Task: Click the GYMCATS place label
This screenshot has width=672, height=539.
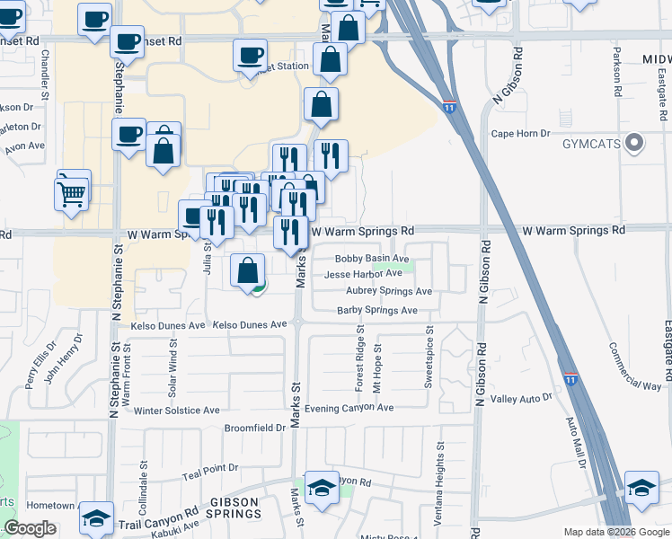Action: pyautogui.click(x=593, y=144)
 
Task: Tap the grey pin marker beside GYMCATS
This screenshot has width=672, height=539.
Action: pyautogui.click(x=636, y=143)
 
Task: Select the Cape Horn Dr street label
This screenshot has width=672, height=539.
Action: pyautogui.click(x=520, y=134)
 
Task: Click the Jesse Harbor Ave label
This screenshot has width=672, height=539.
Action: pyautogui.click(x=363, y=274)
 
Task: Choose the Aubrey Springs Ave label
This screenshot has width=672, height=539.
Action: pyautogui.click(x=389, y=292)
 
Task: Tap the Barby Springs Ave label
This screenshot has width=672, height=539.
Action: pyautogui.click(x=377, y=311)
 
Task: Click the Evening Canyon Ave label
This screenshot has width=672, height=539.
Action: pyautogui.click(x=349, y=408)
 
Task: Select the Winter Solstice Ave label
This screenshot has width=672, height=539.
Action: pyautogui.click(x=177, y=411)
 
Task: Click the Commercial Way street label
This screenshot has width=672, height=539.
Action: pyautogui.click(x=634, y=367)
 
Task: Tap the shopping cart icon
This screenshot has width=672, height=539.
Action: pyautogui.click(x=72, y=191)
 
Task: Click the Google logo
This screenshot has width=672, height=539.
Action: pyautogui.click(x=30, y=528)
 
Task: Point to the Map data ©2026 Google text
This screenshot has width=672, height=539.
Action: pyautogui.click(x=615, y=532)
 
